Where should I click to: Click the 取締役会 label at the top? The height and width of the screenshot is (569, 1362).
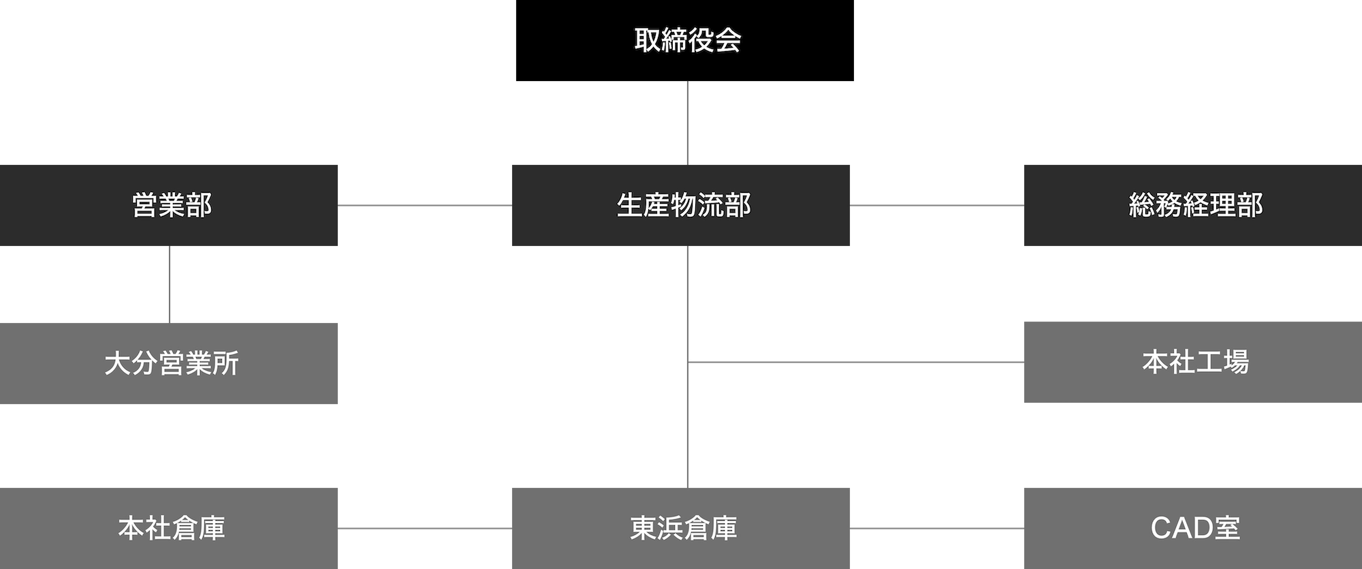click(x=687, y=41)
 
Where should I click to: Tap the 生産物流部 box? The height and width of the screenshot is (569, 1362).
click(x=681, y=206)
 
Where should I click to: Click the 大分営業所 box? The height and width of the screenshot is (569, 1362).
click(x=170, y=364)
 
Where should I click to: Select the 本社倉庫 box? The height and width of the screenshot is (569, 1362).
click(x=170, y=527)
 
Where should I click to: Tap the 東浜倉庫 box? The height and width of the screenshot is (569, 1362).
click(x=681, y=527)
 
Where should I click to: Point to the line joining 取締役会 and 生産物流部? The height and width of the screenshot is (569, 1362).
click(x=689, y=123)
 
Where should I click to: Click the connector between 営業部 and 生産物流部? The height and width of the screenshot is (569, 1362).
click(x=424, y=206)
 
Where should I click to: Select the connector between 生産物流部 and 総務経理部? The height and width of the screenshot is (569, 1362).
click(x=936, y=206)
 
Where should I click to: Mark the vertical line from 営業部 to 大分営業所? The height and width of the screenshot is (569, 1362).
click(x=170, y=284)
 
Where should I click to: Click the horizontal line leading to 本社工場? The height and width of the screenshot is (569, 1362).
click(x=855, y=359)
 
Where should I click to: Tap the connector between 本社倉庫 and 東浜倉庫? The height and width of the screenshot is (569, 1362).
click(x=424, y=528)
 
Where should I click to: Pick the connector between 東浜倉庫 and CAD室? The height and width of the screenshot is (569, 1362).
click(x=936, y=528)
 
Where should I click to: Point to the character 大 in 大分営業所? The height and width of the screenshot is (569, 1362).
click(x=118, y=364)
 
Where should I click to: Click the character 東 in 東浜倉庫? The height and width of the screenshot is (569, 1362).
click(x=644, y=528)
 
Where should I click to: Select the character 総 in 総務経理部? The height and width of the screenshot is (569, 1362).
click(x=1142, y=206)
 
